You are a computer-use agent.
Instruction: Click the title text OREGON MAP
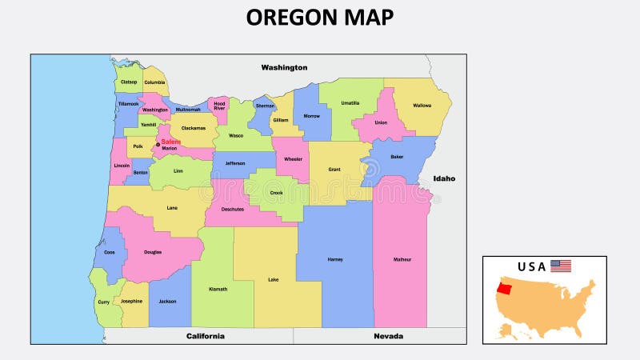(320, 17)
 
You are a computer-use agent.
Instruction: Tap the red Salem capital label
(170, 142)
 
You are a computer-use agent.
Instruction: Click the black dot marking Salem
(158, 144)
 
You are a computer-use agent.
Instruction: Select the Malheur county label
(402, 259)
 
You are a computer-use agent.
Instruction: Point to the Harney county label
(335, 259)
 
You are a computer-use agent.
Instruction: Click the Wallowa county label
(422, 106)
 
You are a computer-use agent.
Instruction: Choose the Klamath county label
(218, 289)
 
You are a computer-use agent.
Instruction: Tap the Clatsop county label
(129, 82)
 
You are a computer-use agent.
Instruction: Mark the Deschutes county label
(232, 210)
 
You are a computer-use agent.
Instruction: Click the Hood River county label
(219, 106)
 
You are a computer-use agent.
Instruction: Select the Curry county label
(103, 302)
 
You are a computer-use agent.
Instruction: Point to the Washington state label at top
(284, 68)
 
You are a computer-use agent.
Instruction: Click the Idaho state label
(444, 178)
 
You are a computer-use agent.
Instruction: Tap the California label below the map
(206, 336)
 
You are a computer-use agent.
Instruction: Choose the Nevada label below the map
(388, 336)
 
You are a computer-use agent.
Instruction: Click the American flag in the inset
(561, 266)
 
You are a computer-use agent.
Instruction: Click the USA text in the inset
(531, 266)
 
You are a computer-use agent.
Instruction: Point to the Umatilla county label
(350, 103)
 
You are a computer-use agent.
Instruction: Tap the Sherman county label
(265, 106)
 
